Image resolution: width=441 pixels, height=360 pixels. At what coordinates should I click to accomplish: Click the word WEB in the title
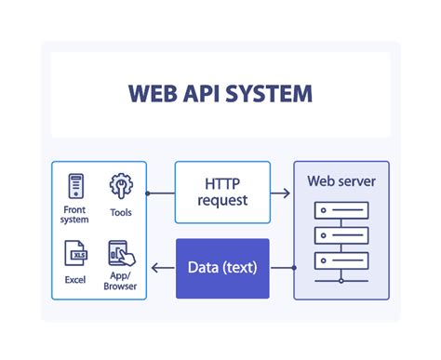pos(154,95)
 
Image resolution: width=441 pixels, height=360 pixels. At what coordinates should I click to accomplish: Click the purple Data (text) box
pos(222,268)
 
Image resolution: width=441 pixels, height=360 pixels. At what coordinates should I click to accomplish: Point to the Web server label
pos(341,181)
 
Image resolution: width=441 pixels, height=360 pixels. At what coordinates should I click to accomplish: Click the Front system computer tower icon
pos(75,186)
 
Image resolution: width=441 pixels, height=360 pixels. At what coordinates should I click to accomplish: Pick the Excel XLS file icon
pos(75,253)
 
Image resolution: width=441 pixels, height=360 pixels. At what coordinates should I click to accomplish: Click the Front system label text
pos(75,215)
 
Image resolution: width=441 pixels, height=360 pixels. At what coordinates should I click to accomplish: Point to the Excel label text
pos(75,278)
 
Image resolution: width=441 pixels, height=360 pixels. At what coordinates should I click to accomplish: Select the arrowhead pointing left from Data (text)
pos(156,268)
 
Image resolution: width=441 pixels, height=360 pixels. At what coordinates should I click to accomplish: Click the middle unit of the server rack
pos(341,234)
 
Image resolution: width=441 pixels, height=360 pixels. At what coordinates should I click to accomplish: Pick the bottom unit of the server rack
pos(341,260)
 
